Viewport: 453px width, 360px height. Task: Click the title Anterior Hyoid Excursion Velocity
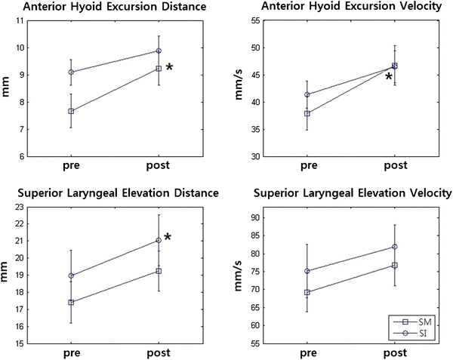pos(339,8)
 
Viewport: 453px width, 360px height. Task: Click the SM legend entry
pos(420,322)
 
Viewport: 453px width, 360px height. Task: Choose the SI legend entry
pos(420,333)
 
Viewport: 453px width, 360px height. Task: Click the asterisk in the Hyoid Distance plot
pos(169,68)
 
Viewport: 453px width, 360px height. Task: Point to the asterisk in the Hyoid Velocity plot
pos(388,76)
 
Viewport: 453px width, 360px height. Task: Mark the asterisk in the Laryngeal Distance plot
pos(168,238)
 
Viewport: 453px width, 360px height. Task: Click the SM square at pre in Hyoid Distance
pos(71,111)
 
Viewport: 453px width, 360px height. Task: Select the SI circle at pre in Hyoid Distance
pos(71,72)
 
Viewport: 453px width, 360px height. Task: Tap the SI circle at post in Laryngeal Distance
pos(159,240)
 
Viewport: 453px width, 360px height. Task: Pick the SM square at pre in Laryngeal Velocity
pos(307,292)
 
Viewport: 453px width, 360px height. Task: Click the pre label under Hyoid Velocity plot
pos(308,165)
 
